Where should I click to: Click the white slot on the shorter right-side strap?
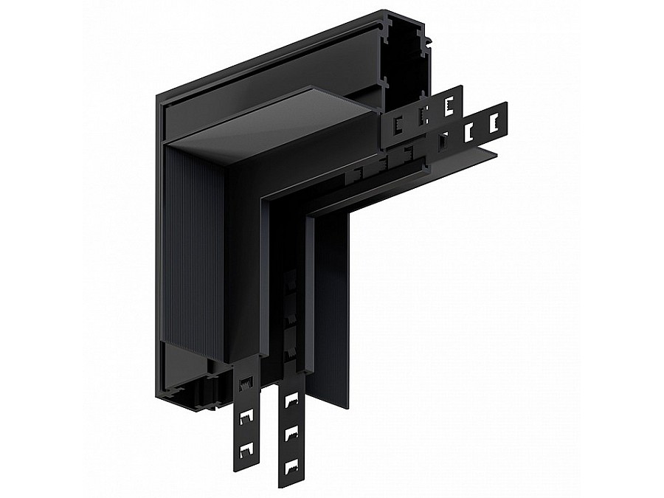447,106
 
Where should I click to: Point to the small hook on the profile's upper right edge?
423,32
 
